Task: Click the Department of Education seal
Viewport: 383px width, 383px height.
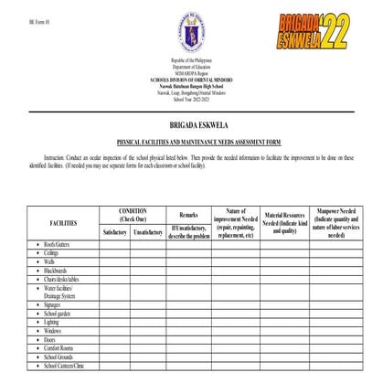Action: tap(191, 36)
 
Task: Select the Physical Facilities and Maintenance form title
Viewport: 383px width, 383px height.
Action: tap(191, 143)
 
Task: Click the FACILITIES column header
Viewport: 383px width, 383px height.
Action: tap(63, 222)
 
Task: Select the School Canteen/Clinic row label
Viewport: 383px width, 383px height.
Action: tap(64, 365)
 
